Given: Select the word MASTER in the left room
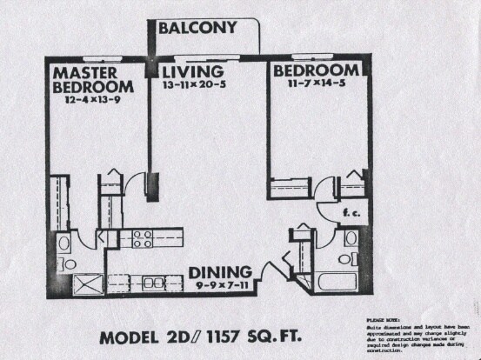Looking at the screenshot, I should [x=84, y=72].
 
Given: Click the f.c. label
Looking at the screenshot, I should [x=351, y=210].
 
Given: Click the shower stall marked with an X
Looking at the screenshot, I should [x=87, y=283].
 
